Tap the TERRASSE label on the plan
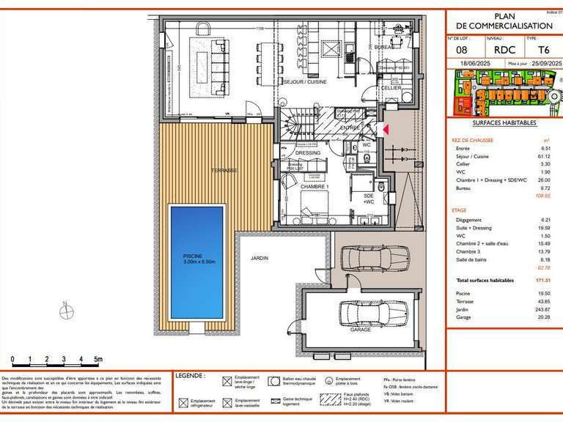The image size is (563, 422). click(x=224, y=170)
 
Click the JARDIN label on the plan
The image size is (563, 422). click(x=259, y=258)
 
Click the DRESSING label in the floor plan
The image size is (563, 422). click(x=308, y=152)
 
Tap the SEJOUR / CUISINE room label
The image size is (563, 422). click(x=306, y=83)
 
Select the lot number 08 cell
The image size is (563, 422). click(x=463, y=51)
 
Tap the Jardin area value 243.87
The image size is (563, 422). click(x=541, y=310)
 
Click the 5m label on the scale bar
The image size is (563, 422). click(x=98, y=359)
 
